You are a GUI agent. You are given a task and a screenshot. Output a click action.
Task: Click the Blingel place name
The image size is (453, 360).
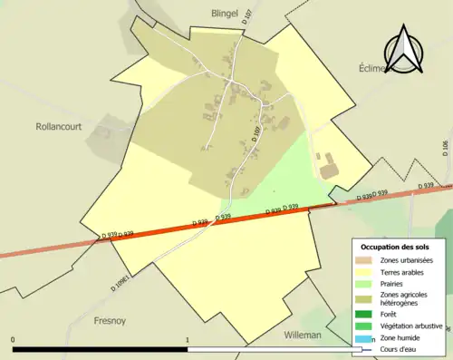tap(205, 14)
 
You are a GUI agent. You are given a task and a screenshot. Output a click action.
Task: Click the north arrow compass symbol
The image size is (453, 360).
tap(405, 49)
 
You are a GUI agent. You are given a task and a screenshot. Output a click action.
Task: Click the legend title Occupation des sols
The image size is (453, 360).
tap(397, 247)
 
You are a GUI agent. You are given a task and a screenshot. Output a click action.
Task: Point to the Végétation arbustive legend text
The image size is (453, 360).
tap(411, 327)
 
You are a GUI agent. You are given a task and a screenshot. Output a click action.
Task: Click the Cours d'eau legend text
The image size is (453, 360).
tap(401, 350)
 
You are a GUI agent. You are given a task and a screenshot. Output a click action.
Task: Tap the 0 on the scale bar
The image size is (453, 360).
tap(13, 340)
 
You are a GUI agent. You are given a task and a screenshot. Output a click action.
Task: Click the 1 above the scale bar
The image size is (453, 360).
tap(188, 340)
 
